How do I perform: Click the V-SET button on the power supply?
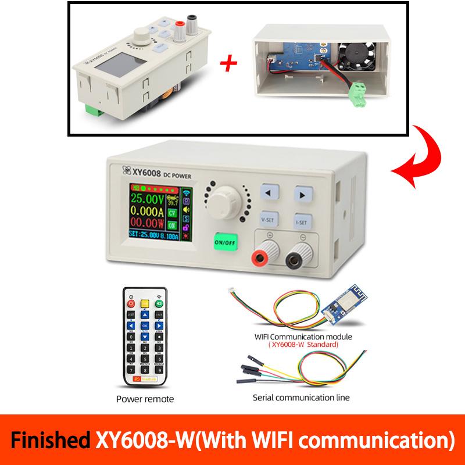(x=267, y=221)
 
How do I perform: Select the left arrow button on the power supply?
(x=267, y=193)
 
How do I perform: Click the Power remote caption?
(x=145, y=399)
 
